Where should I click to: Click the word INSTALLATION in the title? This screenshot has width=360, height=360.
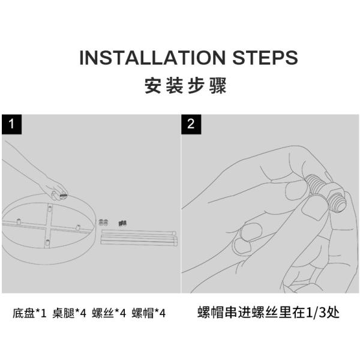click(x=152, y=58)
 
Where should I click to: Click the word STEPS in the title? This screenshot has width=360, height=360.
click(x=265, y=58)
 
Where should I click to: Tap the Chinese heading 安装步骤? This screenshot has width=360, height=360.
click(x=185, y=86)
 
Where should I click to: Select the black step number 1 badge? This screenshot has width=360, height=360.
click(x=12, y=124)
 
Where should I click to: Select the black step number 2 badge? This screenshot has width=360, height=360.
click(x=191, y=124)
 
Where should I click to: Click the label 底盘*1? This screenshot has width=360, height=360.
click(x=29, y=313)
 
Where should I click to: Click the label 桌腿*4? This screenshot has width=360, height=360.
click(x=70, y=313)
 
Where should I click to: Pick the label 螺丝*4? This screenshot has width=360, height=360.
click(x=109, y=313)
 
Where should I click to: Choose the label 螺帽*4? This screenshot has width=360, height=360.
click(x=149, y=313)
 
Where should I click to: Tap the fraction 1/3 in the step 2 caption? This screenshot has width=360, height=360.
click(x=316, y=313)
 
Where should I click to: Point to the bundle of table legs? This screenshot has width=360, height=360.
click(x=139, y=238)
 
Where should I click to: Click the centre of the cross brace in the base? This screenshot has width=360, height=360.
click(x=49, y=227)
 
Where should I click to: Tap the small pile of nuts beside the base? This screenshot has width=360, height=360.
click(x=104, y=222)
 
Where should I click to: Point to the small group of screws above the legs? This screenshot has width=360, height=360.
click(x=122, y=223)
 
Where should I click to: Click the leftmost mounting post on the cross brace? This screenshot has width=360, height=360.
click(x=19, y=222)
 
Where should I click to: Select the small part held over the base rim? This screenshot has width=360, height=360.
click(x=64, y=196)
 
